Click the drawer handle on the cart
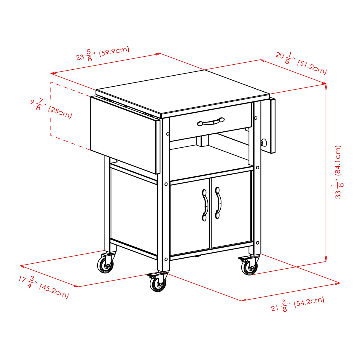[211, 121]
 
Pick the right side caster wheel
[250, 267]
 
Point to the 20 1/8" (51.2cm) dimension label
[301, 63]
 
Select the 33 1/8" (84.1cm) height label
[338, 172]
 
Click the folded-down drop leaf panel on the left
[125, 133]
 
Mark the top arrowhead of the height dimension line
[326, 86]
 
